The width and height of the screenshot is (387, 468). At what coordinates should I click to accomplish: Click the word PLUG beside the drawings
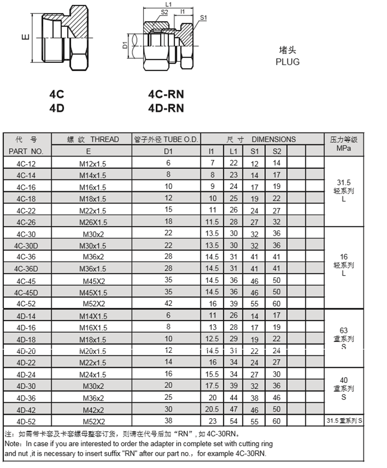(x=287, y=62)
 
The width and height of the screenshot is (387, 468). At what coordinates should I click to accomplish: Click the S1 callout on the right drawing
(x=204, y=18)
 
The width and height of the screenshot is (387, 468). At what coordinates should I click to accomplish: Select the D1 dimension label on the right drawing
(x=124, y=45)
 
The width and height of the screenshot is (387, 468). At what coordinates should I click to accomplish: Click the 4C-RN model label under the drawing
(x=166, y=95)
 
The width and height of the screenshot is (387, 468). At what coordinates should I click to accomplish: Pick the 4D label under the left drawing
(x=57, y=108)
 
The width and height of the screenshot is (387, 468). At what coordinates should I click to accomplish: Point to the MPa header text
(x=343, y=148)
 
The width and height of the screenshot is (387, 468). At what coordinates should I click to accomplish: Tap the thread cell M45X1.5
(x=92, y=292)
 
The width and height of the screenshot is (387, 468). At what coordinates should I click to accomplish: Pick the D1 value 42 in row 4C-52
(x=168, y=304)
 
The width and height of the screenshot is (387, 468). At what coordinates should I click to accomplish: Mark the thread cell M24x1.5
(x=92, y=375)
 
